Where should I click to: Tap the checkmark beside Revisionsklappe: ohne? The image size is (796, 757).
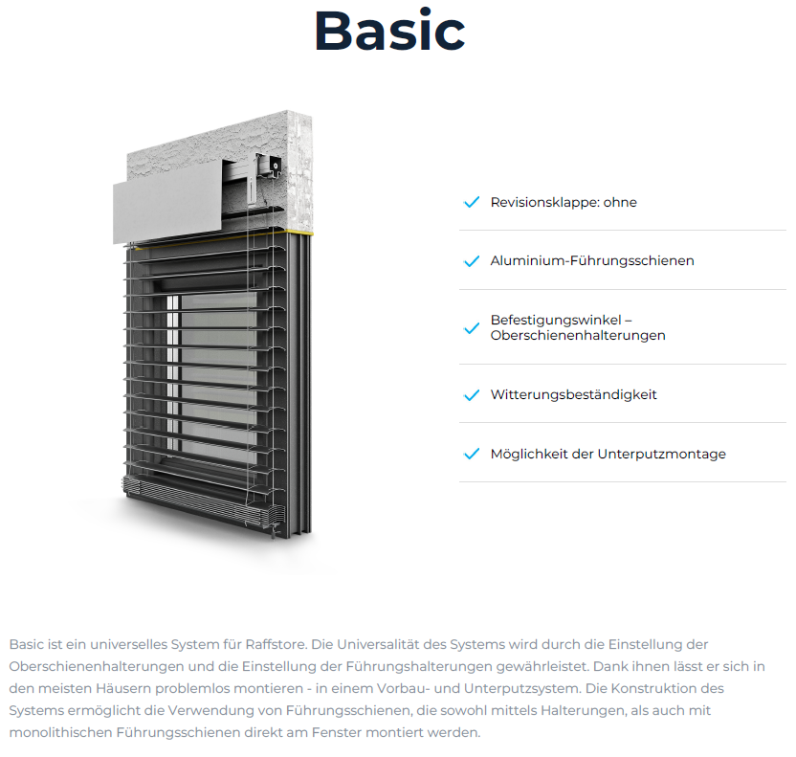point(471,202)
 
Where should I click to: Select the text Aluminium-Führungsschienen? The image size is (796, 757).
point(592,260)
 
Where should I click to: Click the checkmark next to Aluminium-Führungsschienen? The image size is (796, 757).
point(471,261)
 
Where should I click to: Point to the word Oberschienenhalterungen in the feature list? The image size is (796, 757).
point(578,336)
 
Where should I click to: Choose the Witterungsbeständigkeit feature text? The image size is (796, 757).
point(573,394)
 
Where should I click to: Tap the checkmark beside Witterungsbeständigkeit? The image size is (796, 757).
point(471,395)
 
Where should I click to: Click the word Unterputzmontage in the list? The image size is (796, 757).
point(661,454)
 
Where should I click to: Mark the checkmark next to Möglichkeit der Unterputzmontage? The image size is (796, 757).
point(471,455)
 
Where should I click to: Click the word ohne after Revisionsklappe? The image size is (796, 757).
point(620,202)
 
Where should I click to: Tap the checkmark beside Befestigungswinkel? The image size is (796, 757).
point(471,328)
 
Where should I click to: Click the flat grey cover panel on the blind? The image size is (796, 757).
point(167,211)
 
